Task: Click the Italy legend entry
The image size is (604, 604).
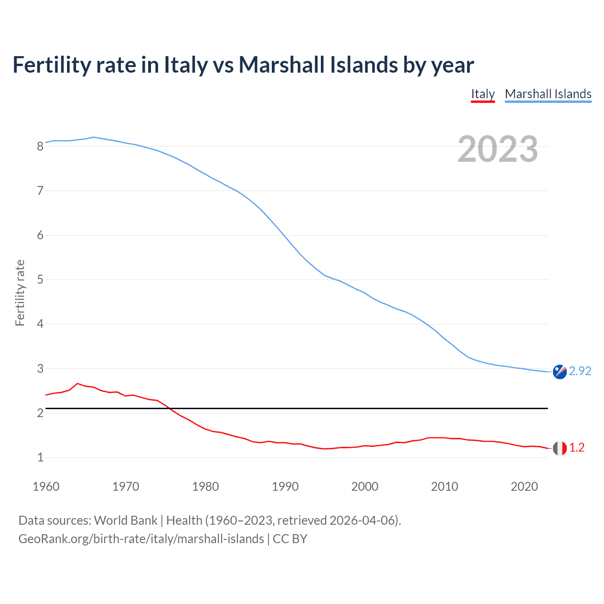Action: tap(483, 94)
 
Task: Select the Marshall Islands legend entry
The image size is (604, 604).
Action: tap(548, 94)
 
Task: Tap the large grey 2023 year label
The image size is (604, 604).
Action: tap(498, 149)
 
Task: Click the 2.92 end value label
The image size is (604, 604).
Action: tap(580, 371)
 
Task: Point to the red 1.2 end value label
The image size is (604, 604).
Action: tap(577, 448)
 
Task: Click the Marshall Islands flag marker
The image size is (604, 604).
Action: tap(560, 372)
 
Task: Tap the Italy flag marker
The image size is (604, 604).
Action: tap(560, 448)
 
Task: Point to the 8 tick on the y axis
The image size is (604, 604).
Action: tap(40, 146)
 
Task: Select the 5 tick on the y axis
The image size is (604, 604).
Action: tap(40, 280)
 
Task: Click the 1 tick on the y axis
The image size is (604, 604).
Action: tap(40, 457)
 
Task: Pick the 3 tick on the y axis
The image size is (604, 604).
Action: tap(40, 369)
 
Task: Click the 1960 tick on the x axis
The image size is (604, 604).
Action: tap(46, 487)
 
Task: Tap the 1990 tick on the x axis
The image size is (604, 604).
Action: tap(285, 487)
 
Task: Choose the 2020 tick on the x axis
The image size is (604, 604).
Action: tap(524, 487)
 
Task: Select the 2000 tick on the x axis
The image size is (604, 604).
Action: tap(365, 487)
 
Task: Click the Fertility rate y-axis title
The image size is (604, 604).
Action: tap(20, 293)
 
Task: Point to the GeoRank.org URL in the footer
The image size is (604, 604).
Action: tap(141, 539)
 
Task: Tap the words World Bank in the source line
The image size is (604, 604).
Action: tap(126, 520)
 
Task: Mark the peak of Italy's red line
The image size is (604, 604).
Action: tap(77, 384)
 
